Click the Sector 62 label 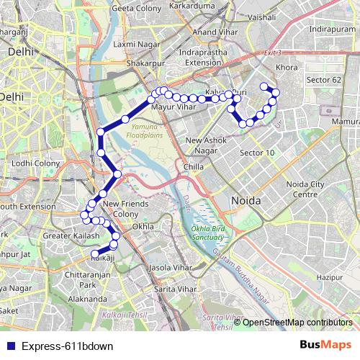tap(323, 78)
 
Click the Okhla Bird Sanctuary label tap(208, 233)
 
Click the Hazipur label tap(328, 276)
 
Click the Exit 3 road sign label tap(272, 53)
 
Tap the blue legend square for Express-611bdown tap(9, 346)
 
